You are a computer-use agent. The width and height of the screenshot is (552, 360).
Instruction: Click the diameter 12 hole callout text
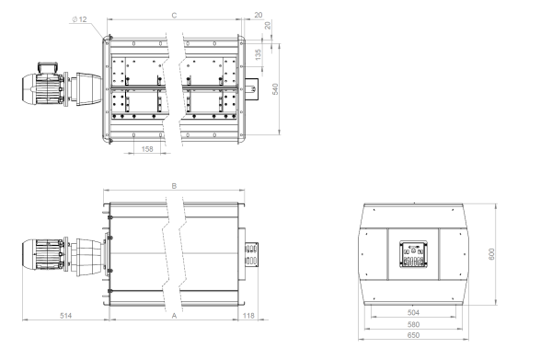point(79,19)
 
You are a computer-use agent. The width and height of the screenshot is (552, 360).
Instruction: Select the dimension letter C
point(174,15)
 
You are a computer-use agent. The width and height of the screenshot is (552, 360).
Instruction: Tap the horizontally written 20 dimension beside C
point(259,15)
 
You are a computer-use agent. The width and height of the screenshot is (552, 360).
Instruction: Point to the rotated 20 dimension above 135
point(268,26)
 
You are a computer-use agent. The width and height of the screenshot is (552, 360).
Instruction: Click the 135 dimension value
point(258,54)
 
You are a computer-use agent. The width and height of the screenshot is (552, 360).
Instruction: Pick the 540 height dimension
point(275,89)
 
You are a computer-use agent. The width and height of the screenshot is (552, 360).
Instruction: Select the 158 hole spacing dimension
point(147,149)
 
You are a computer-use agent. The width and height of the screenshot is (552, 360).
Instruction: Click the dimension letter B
point(174,186)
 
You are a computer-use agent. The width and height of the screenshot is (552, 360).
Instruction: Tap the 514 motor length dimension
point(66,316)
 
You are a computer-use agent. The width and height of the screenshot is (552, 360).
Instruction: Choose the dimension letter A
point(174,316)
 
